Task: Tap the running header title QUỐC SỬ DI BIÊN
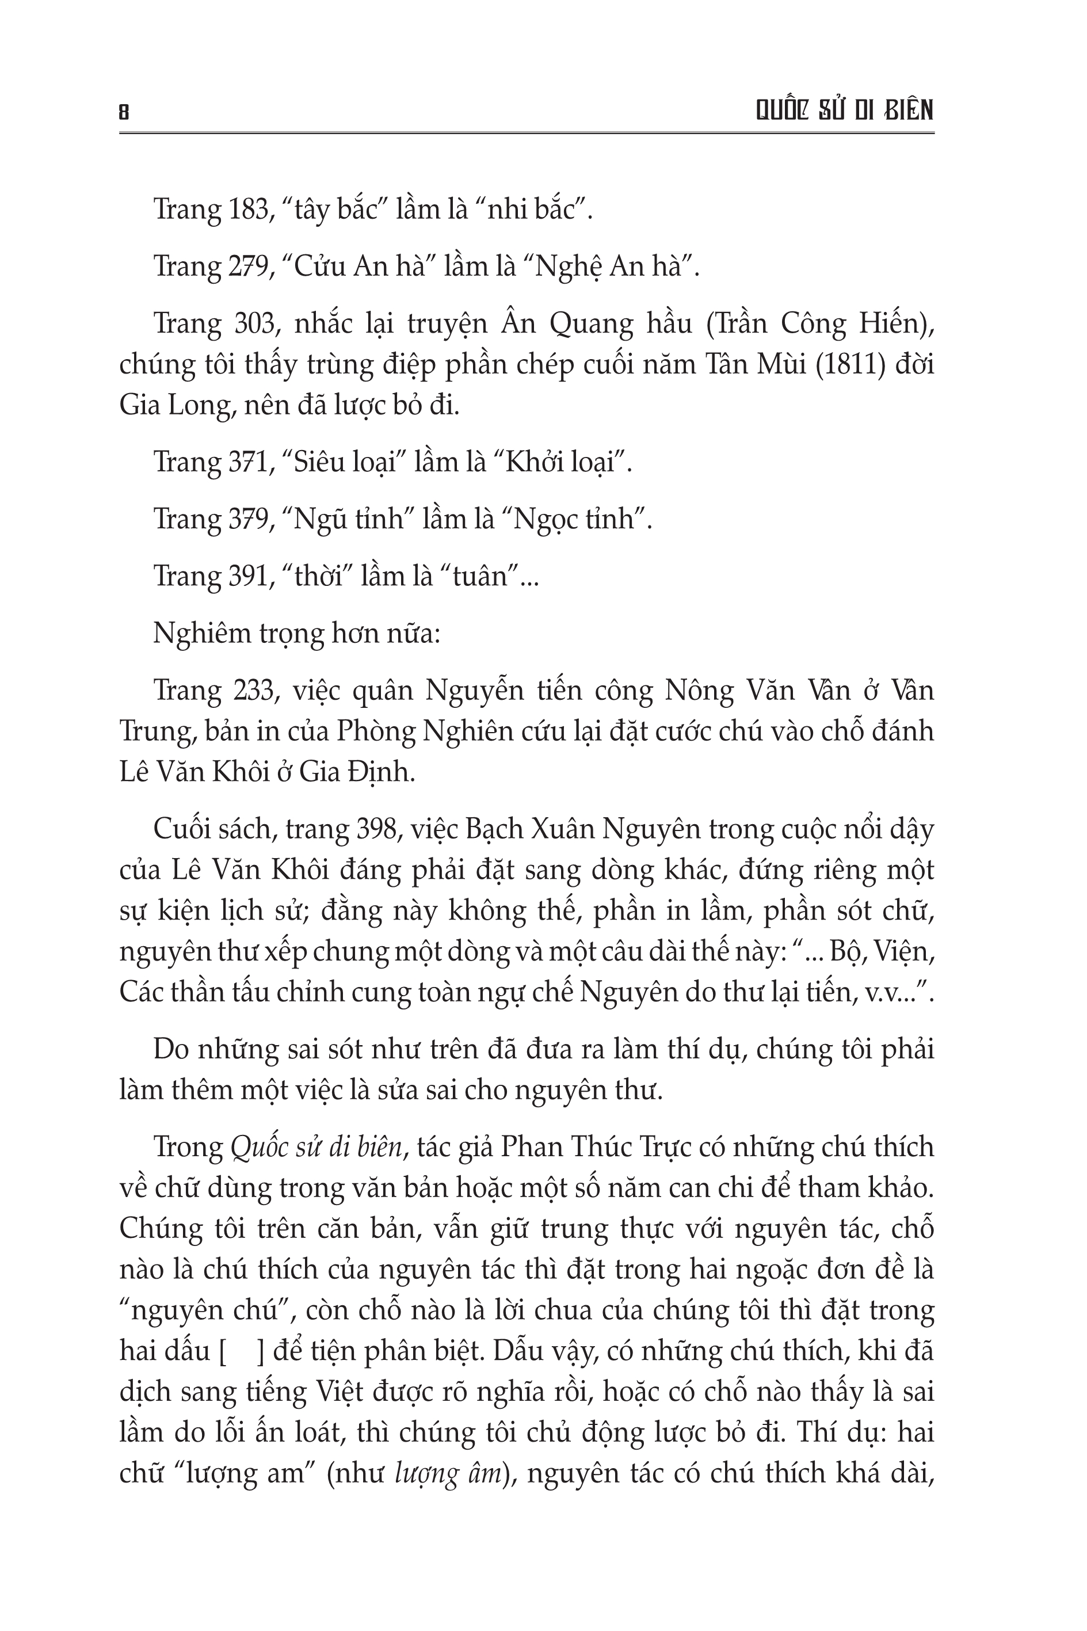(844, 110)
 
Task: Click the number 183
(248, 209)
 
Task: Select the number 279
(249, 266)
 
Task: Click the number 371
(248, 462)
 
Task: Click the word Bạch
(487, 828)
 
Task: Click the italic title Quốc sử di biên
(315, 1147)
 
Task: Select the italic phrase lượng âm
(448, 1473)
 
